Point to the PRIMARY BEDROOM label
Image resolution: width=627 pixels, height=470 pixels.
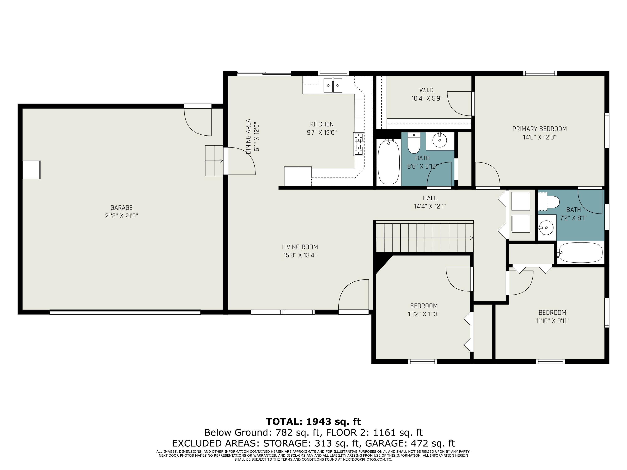pyautogui.click(x=539, y=129)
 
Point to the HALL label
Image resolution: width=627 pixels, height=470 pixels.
pyautogui.click(x=430, y=198)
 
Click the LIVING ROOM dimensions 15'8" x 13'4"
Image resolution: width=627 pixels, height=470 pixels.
pyautogui.click(x=300, y=255)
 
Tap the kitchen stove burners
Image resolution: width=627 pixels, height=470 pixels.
pyautogui.click(x=359, y=144)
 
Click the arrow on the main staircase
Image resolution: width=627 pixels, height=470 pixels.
pyautogui.click(x=471, y=238)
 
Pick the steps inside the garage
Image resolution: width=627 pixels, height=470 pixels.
pyautogui.click(x=214, y=161)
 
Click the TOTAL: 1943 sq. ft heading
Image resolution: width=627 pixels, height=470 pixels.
pyautogui.click(x=313, y=422)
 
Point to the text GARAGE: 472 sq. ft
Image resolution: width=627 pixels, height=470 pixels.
pyautogui.click(x=410, y=443)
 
